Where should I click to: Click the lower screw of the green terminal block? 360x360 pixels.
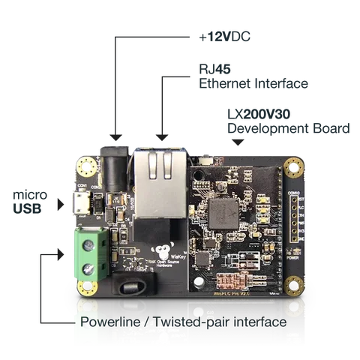tap(88, 268)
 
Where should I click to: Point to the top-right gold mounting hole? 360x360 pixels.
tap(294, 166)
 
